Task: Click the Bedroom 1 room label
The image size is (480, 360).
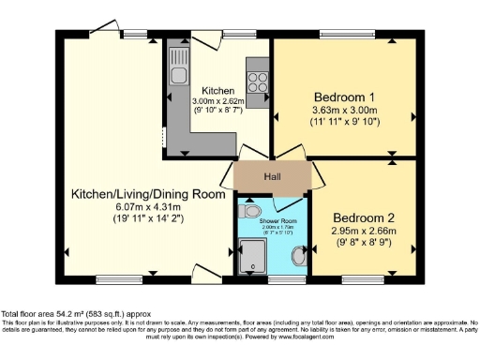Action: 343,97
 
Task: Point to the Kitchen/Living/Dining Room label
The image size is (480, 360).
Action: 148,194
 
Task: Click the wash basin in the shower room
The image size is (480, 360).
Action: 299,256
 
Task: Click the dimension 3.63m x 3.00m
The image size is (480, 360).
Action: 343,109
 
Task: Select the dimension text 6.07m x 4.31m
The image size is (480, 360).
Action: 147,207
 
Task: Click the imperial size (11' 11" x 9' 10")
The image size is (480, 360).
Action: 343,121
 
